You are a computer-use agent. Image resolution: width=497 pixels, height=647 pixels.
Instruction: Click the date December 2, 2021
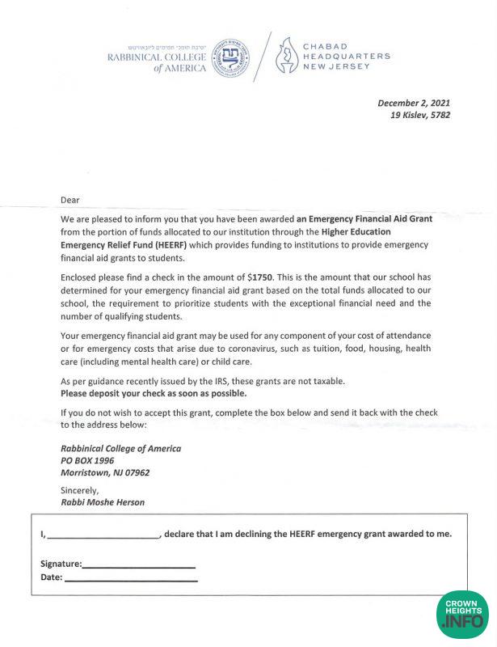414,103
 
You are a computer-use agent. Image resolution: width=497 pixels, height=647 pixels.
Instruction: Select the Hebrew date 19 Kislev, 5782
419,115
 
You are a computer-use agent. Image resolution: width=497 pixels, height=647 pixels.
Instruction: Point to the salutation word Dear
71,200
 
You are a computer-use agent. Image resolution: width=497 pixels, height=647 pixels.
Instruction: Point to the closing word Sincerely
79,490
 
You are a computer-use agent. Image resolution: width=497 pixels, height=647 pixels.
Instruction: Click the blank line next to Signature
138,565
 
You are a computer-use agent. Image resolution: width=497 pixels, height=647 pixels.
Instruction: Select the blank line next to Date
131,578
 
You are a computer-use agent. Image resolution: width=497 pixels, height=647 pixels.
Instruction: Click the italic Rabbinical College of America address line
120,448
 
